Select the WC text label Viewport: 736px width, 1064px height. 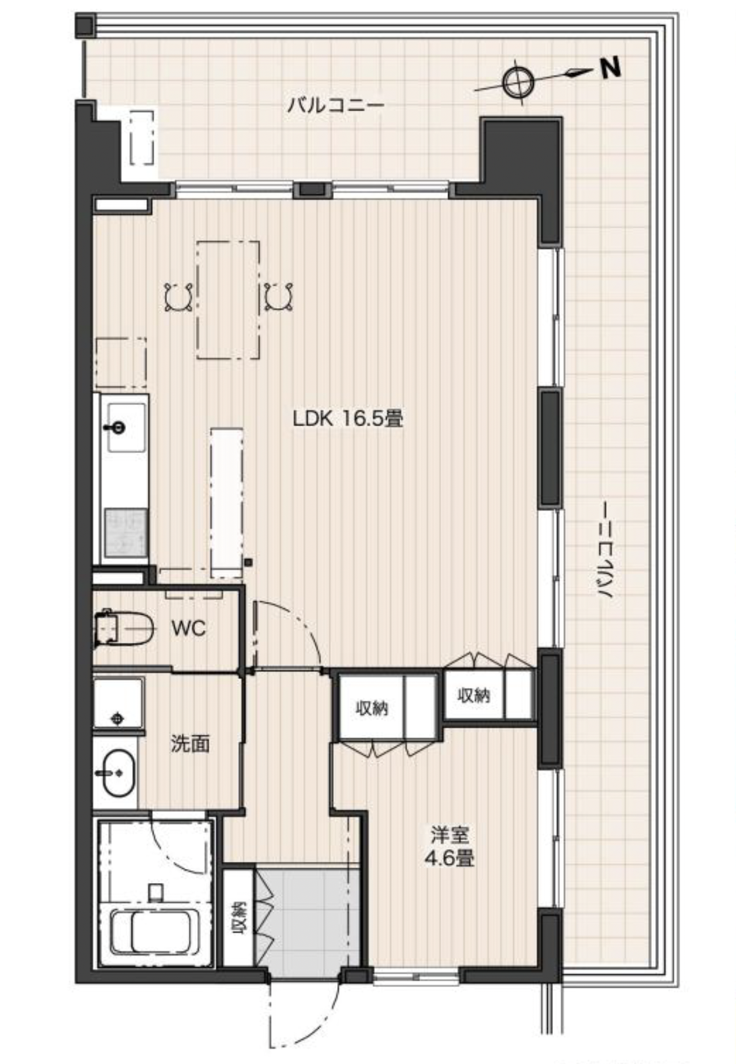click(189, 628)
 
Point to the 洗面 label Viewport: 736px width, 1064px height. click(190, 744)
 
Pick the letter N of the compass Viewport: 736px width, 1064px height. click(610, 67)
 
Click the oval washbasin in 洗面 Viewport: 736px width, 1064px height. click(119, 773)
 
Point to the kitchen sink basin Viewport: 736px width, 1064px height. click(125, 427)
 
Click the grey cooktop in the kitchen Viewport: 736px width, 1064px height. click(126, 532)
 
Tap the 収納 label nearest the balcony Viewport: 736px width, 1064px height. click(473, 696)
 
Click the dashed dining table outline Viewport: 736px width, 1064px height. click(228, 300)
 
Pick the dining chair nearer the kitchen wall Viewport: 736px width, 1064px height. click(179, 297)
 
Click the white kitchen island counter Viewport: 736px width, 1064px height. click(227, 502)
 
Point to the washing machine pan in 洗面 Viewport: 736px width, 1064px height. click(118, 703)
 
